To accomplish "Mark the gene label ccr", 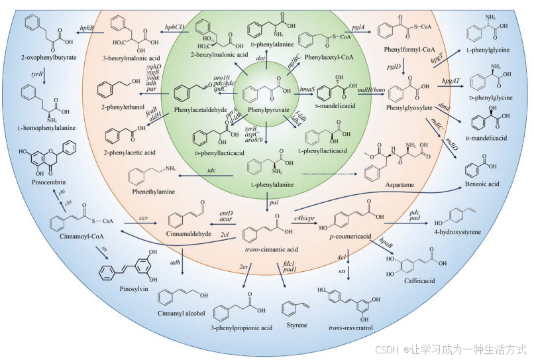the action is pyautogui.click(x=142, y=217).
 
